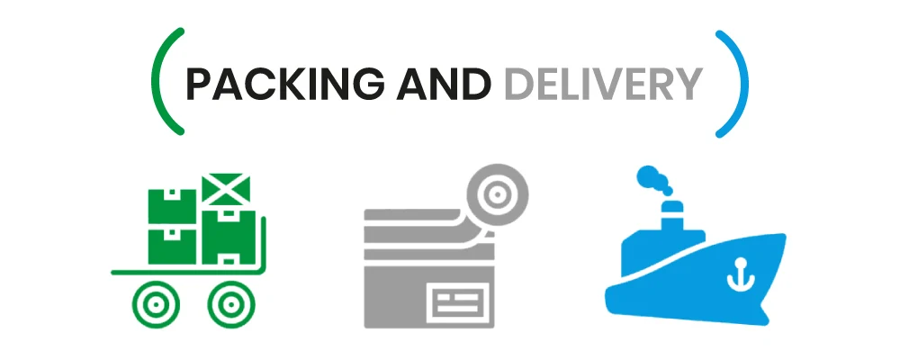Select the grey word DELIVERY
click(x=602, y=85)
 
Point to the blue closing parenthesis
click(x=736, y=83)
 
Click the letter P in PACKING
click(x=197, y=85)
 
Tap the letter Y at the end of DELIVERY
click(x=688, y=85)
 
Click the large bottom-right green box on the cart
click(x=229, y=238)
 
